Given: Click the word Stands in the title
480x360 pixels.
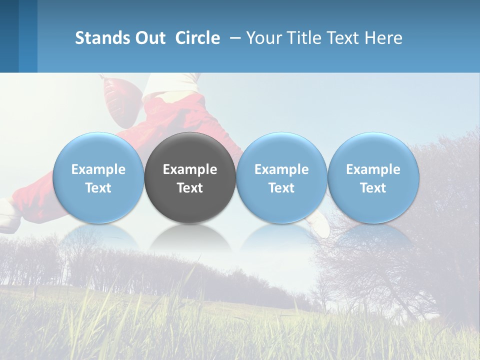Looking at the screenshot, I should (102, 38).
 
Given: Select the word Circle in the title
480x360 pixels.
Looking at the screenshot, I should (197, 38).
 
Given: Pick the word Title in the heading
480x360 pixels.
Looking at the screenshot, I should (303, 38).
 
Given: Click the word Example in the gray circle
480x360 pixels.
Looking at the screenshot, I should (190, 169).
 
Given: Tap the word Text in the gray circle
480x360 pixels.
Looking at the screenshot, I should (190, 188).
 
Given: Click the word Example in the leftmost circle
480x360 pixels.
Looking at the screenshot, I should (98, 169).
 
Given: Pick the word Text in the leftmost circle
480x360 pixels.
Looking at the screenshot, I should (98, 188).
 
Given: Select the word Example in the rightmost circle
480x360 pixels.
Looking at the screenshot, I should (373, 169).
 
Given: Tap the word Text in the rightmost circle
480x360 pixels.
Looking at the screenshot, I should (373, 188).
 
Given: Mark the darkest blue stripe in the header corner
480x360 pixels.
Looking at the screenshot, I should (9, 36).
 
